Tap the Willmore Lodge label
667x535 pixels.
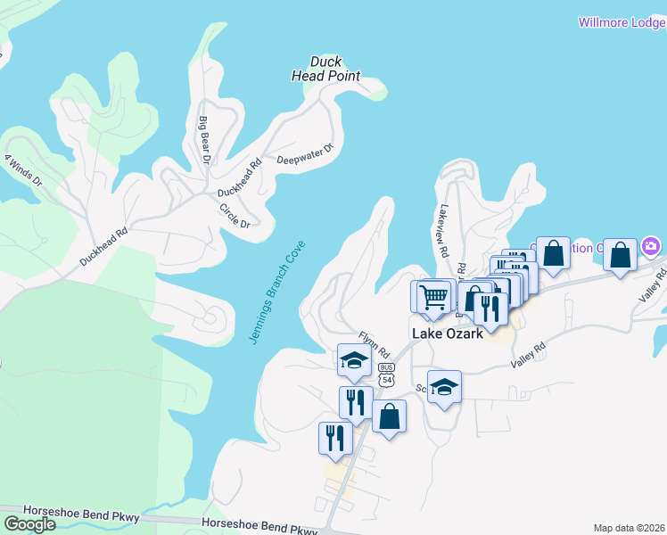tap(622, 22)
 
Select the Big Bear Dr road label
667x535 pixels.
tap(203, 140)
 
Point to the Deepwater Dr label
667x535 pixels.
tap(304, 155)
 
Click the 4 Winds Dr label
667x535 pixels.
tap(22, 169)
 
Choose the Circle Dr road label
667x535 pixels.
tap(235, 215)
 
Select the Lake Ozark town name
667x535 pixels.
tap(448, 333)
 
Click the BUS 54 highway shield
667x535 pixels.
tap(386, 374)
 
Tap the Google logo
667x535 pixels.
tap(29, 523)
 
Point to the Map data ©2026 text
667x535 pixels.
tap(630, 527)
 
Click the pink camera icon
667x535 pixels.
tap(652, 245)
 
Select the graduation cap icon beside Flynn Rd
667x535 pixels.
tap(354, 360)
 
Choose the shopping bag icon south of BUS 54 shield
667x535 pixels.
tap(389, 416)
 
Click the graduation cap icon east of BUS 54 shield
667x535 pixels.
tap(444, 386)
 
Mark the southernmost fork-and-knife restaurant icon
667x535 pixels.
tap(335, 437)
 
